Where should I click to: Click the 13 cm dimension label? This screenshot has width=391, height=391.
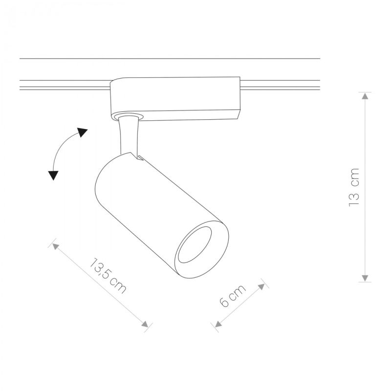pyautogui.click(x=354, y=186)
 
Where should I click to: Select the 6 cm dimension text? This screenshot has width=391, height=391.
pyautogui.click(x=232, y=297)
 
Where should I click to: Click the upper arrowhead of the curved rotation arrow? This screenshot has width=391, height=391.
pyautogui.click(x=82, y=132)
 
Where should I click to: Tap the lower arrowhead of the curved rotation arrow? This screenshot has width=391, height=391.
pyautogui.click(x=53, y=174)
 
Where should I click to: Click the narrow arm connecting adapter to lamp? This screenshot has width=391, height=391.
pyautogui.click(x=128, y=134)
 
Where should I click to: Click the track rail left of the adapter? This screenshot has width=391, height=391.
pyautogui.click(x=64, y=85)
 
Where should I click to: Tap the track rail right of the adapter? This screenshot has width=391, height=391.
pyautogui.click(x=281, y=85)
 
